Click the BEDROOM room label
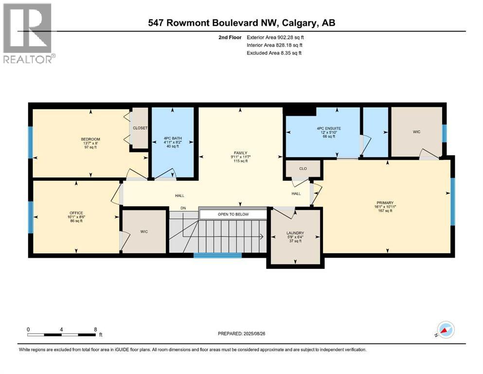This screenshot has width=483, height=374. pos(90,139)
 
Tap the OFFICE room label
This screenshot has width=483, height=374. pos(76,213)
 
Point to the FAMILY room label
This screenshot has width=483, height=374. pos(240,152)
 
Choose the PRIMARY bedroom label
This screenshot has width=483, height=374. pos(387,203)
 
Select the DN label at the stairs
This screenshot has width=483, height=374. pos(183,208)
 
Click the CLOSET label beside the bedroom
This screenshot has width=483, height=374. pos(140,128)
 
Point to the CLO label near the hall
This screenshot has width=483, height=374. pos(303,169)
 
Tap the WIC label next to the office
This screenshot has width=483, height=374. pos(144,232)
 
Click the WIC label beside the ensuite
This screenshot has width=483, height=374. pos(416,131)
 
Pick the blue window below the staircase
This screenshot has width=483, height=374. pos(217,255)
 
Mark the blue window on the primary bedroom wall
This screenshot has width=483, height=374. pos(452,202)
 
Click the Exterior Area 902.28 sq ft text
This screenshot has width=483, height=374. pos(275,37)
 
